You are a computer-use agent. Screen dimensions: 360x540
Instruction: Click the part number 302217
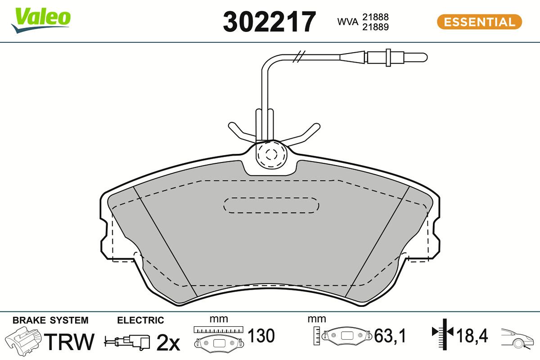(x=270, y=22)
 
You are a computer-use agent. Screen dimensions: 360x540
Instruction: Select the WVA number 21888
(x=376, y=17)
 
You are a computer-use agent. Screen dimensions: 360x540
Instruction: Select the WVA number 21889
(x=376, y=27)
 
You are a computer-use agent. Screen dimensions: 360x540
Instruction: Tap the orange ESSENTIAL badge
(x=479, y=22)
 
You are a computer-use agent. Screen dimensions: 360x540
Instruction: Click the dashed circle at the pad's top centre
(x=270, y=154)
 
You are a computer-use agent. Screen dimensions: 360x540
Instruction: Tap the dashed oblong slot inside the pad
(x=271, y=205)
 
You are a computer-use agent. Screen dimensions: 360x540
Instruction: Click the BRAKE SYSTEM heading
(x=50, y=320)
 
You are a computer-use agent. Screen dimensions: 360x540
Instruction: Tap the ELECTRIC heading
(x=140, y=320)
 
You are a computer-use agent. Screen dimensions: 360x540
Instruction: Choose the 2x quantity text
(x=168, y=343)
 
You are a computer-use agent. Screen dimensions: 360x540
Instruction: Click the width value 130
(x=261, y=336)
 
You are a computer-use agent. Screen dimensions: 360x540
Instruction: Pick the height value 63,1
(x=390, y=336)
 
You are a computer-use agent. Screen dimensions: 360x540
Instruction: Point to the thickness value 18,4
(x=472, y=336)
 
